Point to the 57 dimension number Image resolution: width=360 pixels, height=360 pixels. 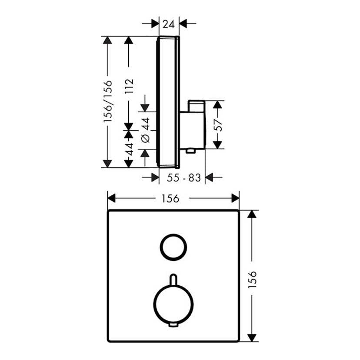coord(219,125)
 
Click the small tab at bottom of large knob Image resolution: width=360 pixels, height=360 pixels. coord(173,326)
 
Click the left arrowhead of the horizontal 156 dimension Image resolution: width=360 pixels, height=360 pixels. coord(111,199)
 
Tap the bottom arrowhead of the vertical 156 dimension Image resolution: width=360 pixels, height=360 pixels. coord(251,338)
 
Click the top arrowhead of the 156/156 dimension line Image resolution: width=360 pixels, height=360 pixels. coord(107,40)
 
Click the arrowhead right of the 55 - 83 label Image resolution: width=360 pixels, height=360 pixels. coord(210,177)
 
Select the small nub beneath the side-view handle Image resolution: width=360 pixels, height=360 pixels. coord(190,151)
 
